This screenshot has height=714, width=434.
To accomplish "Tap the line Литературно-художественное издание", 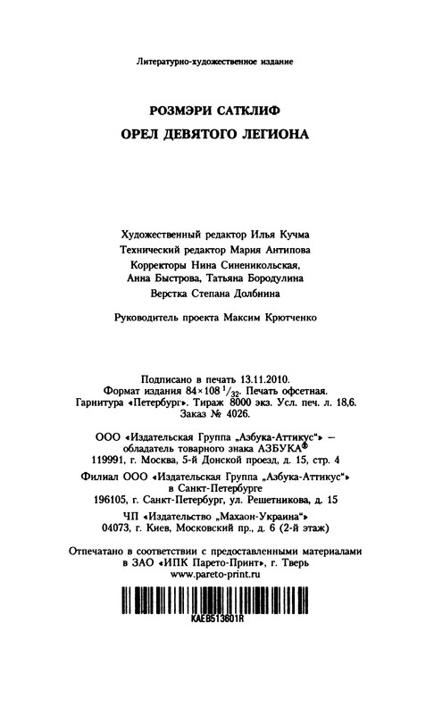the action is tap(216, 63).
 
